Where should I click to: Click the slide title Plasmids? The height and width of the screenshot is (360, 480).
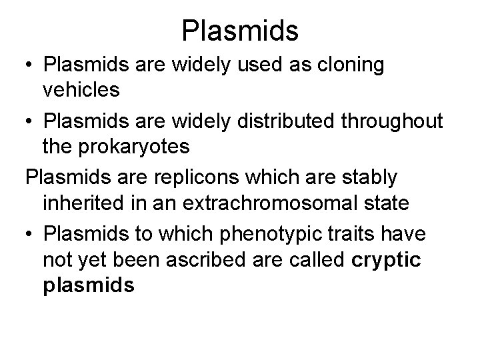coord(240,30)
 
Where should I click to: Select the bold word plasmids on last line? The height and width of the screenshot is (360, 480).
coord(88,285)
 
